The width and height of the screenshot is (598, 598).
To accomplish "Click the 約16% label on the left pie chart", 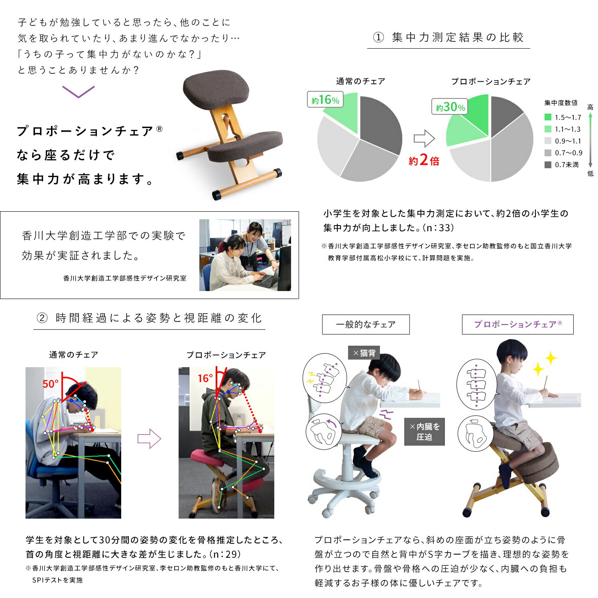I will click(x=325, y=99).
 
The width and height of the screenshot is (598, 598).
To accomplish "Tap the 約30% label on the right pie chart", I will click(x=450, y=106).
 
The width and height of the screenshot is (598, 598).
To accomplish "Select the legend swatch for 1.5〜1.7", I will click(x=548, y=117).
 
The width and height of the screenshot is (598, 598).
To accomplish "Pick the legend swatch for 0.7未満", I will click(x=548, y=165).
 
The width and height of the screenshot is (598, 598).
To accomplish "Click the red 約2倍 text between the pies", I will click(x=424, y=160).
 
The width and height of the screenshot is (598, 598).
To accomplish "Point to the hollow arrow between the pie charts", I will click(x=424, y=138).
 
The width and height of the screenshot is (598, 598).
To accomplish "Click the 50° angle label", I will click(x=50, y=384).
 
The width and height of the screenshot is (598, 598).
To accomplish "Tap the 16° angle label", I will click(x=205, y=378).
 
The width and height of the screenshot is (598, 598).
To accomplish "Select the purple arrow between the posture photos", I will click(x=149, y=439).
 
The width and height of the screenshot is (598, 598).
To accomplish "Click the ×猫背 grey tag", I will click(x=364, y=353).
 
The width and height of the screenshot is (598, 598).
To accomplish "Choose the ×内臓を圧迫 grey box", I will click(x=424, y=432).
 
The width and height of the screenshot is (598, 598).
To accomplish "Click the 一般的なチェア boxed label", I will click(x=366, y=325).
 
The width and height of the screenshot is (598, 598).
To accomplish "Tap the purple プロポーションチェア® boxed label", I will click(x=517, y=325).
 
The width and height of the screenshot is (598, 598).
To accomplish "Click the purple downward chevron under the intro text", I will click(x=79, y=92).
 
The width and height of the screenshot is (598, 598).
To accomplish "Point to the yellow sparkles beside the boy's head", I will click(x=545, y=363).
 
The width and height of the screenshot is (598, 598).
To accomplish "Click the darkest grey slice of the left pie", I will click(x=381, y=124).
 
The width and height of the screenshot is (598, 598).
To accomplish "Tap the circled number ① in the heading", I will click(x=378, y=37).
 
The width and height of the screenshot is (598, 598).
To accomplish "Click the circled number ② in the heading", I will click(x=42, y=318).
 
